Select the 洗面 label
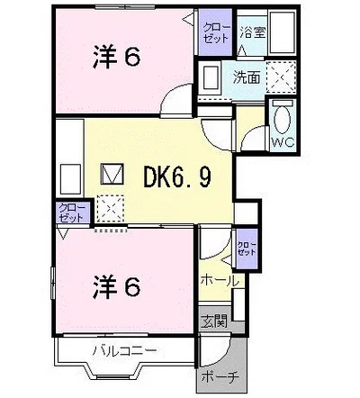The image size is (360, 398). [x=247, y=78]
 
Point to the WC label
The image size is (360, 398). [x=282, y=142]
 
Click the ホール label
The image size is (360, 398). [x=220, y=280]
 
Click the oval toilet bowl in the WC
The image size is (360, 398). [x=281, y=118]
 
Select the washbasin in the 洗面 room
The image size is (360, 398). [x=211, y=77]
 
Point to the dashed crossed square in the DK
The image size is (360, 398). [x=111, y=208]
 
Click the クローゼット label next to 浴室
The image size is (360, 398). [x=216, y=35]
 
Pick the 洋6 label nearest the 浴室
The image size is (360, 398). [x=114, y=58]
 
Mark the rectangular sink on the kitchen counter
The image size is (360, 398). [x=71, y=174]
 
